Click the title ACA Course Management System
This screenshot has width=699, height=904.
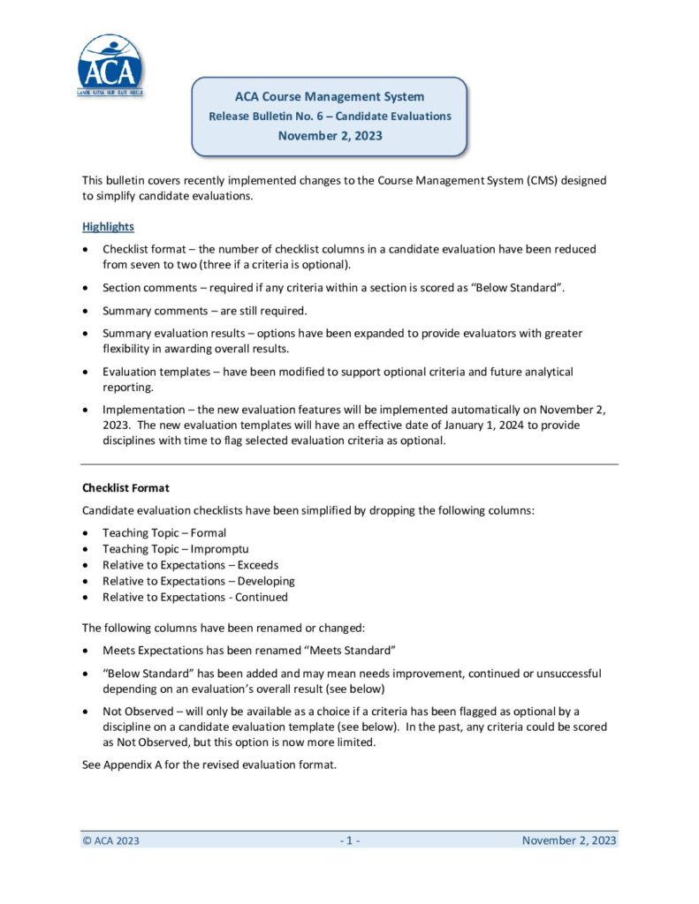[x=330, y=97]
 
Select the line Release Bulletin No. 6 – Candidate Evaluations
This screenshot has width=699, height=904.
[x=330, y=117]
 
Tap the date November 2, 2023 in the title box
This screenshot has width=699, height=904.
[x=330, y=136]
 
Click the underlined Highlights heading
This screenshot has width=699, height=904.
[x=109, y=227]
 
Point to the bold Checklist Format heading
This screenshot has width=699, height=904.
[x=125, y=487]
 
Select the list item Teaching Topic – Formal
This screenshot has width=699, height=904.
[x=164, y=533]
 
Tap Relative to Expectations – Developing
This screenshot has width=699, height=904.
[x=198, y=581]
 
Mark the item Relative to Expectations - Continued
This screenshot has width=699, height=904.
[x=194, y=597]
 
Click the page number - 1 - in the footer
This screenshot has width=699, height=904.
[x=349, y=840]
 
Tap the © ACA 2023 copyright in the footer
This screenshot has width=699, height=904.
[x=110, y=840]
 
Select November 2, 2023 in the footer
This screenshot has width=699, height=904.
[x=569, y=840]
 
